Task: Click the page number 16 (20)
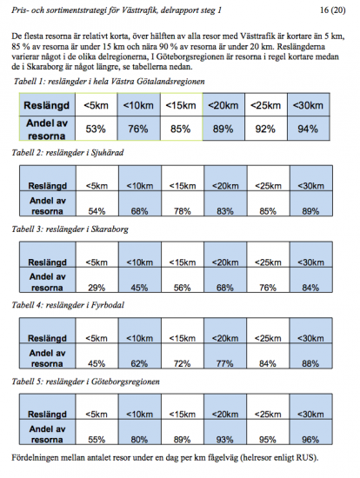pyautogui.click(x=332, y=10)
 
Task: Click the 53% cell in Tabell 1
pyautogui.click(x=96, y=129)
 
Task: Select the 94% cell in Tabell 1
pyautogui.click(x=308, y=129)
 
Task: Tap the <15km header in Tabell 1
pyautogui.click(x=181, y=105)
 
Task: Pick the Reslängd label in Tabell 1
pyautogui.click(x=47, y=105)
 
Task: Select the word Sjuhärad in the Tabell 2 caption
pyautogui.click(x=107, y=153)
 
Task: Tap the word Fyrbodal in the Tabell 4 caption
pyautogui.click(x=108, y=305)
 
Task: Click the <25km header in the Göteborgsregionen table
pyautogui.click(x=268, y=415)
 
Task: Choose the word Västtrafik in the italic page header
pyautogui.click(x=139, y=10)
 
